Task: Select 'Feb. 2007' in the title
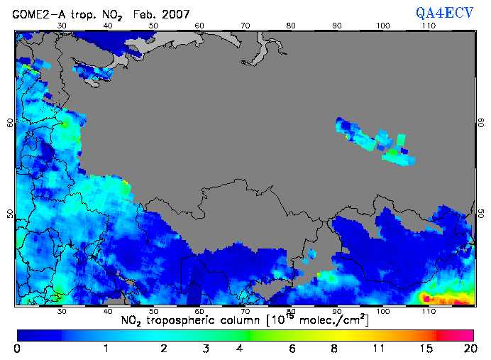pyautogui.click(x=160, y=12)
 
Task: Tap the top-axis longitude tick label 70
pyautogui.click(x=245, y=26)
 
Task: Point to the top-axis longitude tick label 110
pyautogui.click(x=429, y=26)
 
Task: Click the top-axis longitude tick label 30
pyautogui.click(x=62, y=26)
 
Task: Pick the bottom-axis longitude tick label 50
pyautogui.click(x=153, y=312)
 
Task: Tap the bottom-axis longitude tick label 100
pyautogui.click(x=383, y=312)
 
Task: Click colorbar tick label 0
pyautogui.click(x=17, y=348)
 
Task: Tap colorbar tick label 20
pyautogui.click(x=468, y=348)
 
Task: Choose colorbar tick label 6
pyautogui.click(x=291, y=348)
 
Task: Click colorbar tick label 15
pyautogui.click(x=424, y=348)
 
